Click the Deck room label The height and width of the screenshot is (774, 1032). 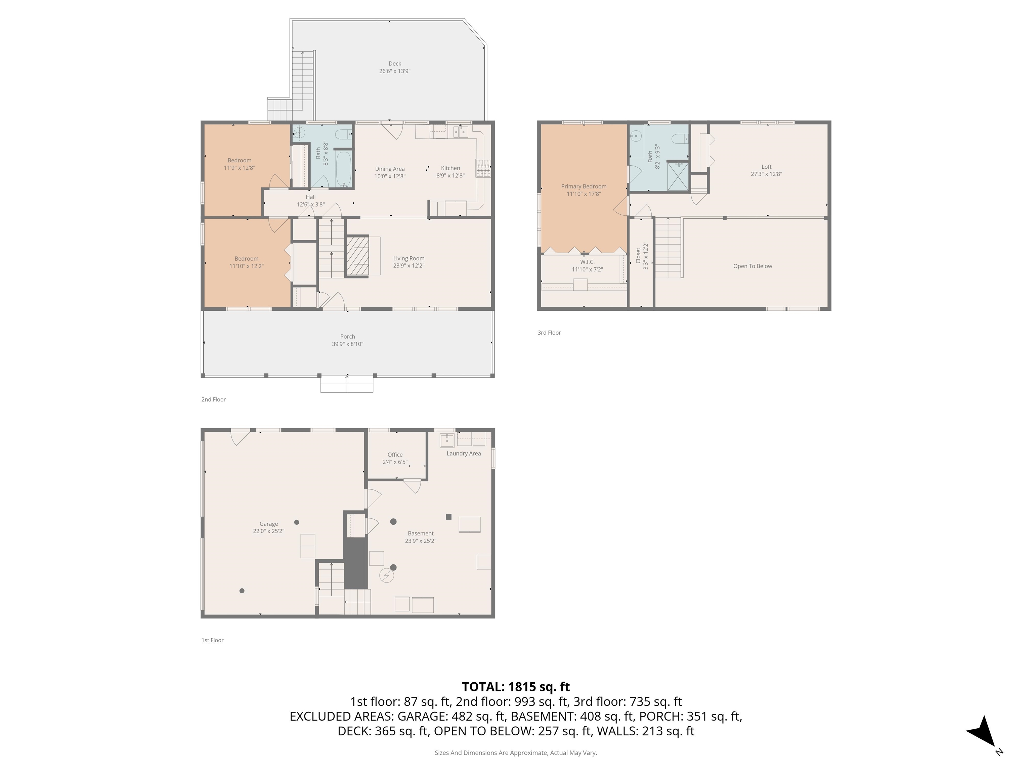point(395,64)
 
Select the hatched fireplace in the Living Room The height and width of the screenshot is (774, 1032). point(357,256)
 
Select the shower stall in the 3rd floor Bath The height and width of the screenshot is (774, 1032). point(678,176)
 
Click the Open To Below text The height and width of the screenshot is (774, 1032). point(752,266)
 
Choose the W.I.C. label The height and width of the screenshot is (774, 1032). point(587,262)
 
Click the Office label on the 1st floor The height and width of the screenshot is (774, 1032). point(395,455)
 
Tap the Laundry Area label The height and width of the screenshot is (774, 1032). point(463,454)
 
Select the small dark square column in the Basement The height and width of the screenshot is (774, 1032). point(448,516)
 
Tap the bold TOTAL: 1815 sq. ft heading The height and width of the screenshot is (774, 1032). point(516,687)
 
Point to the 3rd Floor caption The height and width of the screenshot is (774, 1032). point(549,333)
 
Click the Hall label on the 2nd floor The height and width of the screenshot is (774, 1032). point(310,197)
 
